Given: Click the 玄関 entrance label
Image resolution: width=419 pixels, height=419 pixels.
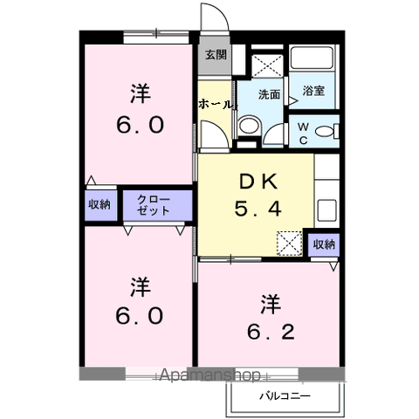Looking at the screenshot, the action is pos(216,55).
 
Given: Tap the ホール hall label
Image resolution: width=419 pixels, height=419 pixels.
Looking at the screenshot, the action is pos(216,104).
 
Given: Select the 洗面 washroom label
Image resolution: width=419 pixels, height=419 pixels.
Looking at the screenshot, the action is pos(269,94).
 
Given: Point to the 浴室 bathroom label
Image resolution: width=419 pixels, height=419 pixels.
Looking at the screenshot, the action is pos(313,91).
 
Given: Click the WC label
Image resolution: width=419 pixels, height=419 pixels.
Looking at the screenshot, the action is pos(303,134).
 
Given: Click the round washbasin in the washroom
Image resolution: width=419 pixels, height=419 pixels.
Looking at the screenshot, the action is pos(249,126).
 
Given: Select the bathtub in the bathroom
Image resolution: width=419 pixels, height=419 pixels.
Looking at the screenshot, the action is pos(313,58).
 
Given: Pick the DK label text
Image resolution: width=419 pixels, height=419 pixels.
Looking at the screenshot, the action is pos(258,182).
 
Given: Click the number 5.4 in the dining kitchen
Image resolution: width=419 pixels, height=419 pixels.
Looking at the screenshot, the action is pos(258,209).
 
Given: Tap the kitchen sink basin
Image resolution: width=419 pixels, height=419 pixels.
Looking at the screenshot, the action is pos(327,210).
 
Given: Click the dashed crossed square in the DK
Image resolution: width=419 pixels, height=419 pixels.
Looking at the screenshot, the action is pos(290,244).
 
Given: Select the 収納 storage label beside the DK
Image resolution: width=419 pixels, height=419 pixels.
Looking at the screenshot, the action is pos(324,244).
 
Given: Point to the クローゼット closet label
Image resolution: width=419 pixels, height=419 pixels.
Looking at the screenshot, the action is pos(154,205).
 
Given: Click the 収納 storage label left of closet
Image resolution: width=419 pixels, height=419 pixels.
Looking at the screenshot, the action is pos(100,204).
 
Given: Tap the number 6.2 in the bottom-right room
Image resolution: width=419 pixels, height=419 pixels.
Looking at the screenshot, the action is pos(271,333).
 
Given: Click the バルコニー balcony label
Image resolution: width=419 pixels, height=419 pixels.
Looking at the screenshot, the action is pos(285,396).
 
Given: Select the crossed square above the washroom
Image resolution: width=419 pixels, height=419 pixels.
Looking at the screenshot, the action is pos(267,65).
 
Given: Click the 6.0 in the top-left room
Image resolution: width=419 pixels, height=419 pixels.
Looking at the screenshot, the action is pos(141,125).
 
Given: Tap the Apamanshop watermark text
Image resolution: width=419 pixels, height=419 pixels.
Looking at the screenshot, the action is pos(209,375).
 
